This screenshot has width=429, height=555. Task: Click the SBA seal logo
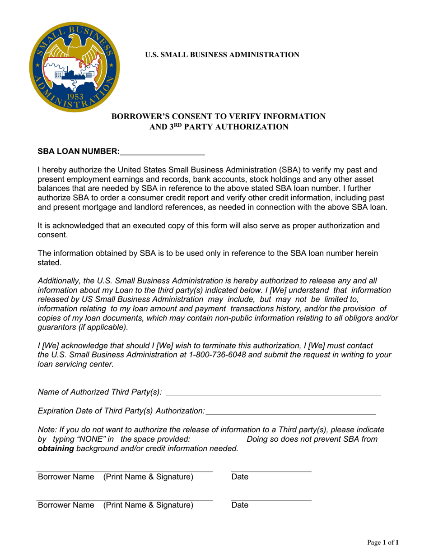click(75, 67)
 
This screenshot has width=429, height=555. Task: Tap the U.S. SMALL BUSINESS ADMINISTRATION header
click(222, 55)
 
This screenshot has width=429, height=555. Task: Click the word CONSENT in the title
click(186, 116)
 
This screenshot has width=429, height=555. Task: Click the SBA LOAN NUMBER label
click(79, 152)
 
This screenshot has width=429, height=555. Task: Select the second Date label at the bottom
click(240, 505)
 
